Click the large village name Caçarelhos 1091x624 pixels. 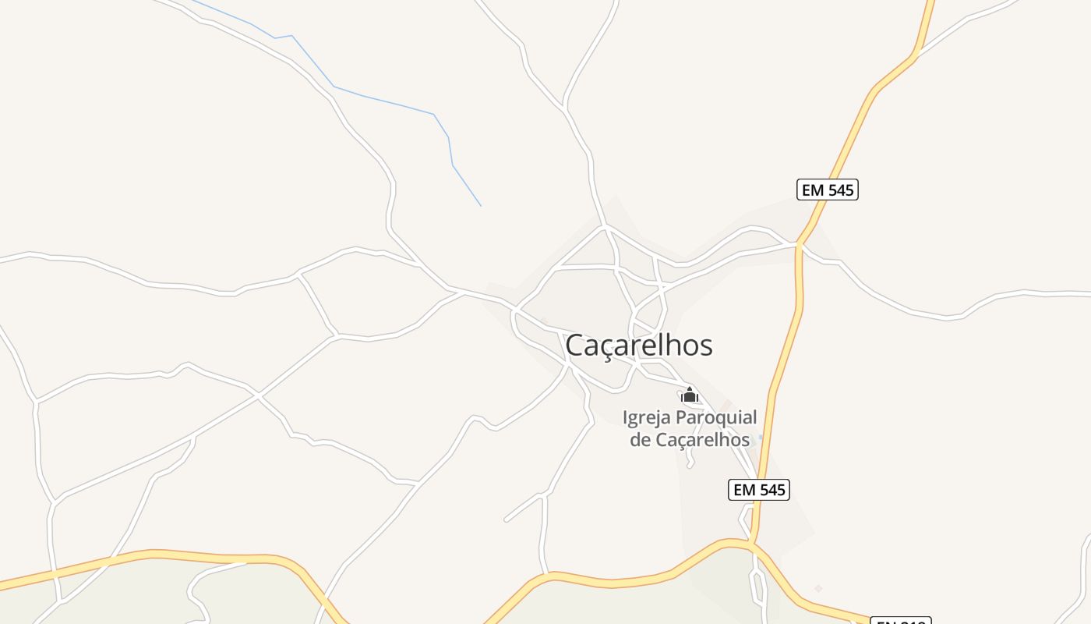click(638, 345)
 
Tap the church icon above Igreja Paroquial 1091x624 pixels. click(689, 395)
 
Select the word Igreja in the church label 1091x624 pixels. click(647, 417)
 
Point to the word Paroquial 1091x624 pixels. click(716, 418)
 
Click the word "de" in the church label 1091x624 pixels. click(640, 440)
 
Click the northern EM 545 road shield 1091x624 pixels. click(827, 190)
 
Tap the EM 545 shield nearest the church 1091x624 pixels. click(759, 490)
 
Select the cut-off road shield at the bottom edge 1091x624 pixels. click(900, 621)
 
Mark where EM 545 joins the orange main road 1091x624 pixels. click(753, 541)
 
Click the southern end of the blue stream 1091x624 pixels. click(481, 206)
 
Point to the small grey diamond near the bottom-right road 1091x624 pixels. click(818, 588)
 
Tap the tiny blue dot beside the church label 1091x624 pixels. click(761, 437)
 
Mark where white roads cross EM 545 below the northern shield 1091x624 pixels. click(799, 245)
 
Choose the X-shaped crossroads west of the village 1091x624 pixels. click(257, 396)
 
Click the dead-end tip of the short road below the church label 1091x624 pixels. click(689, 466)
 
